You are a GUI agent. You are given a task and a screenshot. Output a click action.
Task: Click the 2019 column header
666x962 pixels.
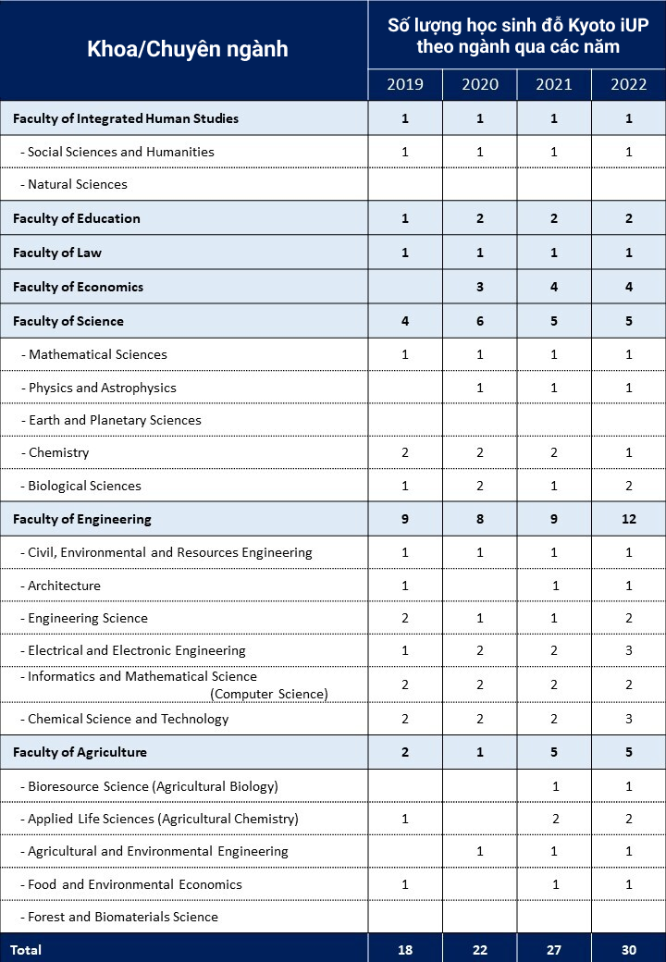(405, 84)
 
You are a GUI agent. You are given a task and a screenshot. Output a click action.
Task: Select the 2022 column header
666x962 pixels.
(629, 84)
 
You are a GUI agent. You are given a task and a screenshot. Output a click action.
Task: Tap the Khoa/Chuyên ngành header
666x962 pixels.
(187, 49)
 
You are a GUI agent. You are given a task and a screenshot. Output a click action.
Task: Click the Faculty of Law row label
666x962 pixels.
(57, 253)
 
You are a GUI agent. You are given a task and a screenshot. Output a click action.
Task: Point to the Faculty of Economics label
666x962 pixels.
(78, 287)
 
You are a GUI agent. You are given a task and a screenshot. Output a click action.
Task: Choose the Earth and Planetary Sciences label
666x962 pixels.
(115, 420)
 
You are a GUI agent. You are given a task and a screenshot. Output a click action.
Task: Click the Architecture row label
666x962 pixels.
(64, 586)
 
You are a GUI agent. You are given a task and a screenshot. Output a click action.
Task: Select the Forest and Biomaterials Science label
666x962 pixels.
(123, 917)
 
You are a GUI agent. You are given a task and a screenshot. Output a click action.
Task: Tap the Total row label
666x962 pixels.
(26, 949)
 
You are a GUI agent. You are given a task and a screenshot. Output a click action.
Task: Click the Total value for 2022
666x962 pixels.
(629, 949)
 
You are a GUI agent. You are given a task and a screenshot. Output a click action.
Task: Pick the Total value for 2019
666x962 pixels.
(405, 949)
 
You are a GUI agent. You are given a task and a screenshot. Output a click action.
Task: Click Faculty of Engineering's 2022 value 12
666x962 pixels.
(629, 519)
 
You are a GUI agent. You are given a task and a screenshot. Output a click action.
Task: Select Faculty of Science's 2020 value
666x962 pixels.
(480, 321)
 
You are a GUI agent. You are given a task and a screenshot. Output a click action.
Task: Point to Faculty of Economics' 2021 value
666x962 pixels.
(554, 287)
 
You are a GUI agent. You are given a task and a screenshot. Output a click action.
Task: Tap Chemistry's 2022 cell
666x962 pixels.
(629, 453)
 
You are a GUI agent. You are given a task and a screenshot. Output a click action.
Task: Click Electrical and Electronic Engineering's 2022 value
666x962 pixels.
(629, 650)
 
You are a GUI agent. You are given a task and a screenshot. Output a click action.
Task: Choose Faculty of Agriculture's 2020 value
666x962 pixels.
(480, 752)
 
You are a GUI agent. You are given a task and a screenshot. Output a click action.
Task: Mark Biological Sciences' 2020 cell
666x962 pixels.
(480, 486)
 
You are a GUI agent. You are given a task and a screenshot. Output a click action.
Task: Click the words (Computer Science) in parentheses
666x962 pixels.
(269, 694)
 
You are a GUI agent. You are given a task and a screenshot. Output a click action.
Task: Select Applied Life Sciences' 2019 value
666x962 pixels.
(405, 819)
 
